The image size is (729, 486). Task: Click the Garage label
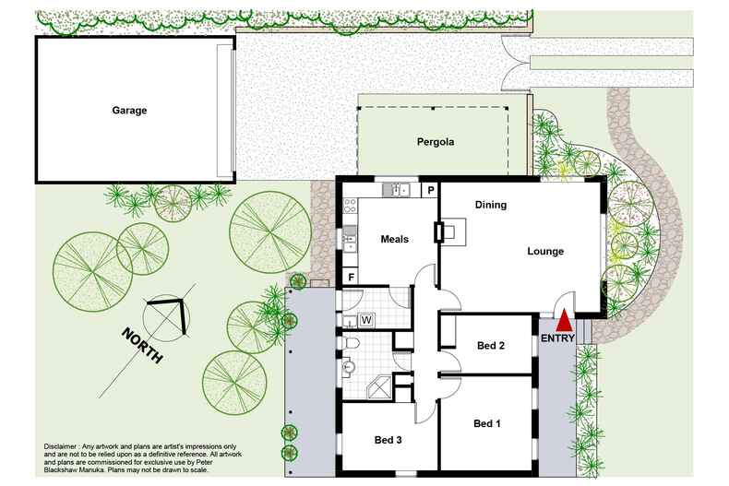pos(129,111)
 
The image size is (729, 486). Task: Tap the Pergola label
pos(434,142)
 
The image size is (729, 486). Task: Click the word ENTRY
pos(557,338)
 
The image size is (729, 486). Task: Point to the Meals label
pos(394,239)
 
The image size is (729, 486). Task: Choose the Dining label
pos(490,205)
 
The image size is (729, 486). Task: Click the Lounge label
pos(544,251)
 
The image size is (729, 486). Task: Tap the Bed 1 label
pos(486,423)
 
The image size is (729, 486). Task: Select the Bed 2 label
pos(490,346)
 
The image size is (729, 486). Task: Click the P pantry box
pos(430,191)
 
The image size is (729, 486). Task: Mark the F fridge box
pos(351,277)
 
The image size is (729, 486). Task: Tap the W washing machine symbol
pos(365,320)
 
